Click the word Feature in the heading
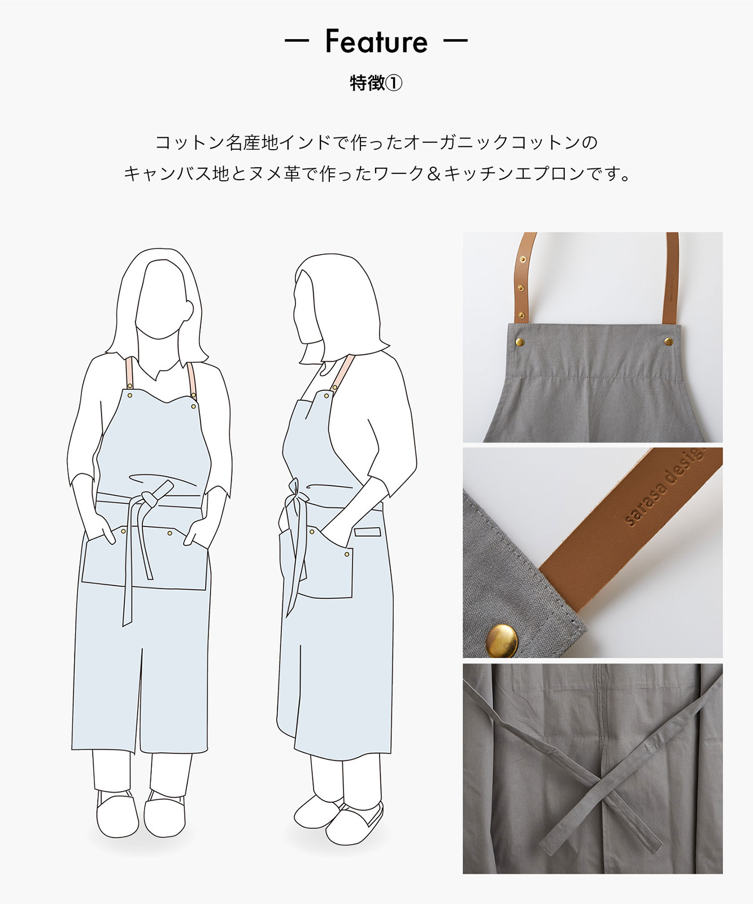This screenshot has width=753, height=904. tap(376, 41)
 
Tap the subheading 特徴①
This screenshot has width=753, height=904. tap(376, 84)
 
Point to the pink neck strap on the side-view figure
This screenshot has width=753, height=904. tap(342, 373)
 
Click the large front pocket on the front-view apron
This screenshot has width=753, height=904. tap(144, 557)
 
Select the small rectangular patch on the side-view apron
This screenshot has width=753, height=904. tap(368, 532)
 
